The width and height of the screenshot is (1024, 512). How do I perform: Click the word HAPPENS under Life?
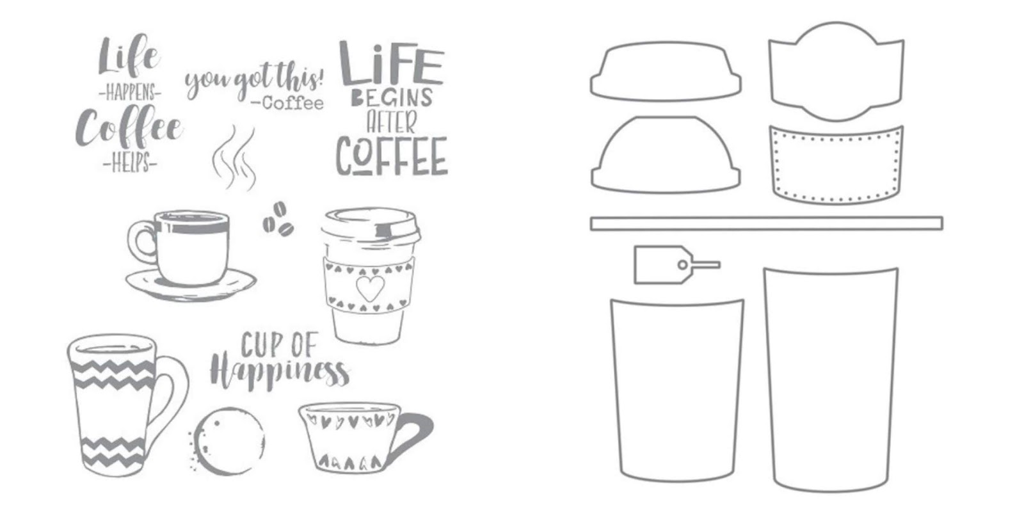click(131, 93)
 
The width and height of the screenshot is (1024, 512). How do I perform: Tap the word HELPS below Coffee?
click(131, 163)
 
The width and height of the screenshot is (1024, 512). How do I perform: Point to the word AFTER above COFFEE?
click(392, 122)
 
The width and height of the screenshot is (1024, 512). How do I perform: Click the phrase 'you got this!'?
click(254, 81)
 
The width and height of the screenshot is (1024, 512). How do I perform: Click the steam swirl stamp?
click(234, 157)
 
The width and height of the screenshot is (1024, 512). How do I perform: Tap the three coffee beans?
click(278, 220)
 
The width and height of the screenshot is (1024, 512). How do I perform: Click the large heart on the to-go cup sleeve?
click(371, 288)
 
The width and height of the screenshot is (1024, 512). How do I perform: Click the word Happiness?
click(280, 374)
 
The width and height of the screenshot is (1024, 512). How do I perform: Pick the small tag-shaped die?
click(676, 265)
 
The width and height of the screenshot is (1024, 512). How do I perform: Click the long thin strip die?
click(767, 223)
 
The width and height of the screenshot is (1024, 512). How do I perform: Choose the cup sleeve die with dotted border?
click(836, 164)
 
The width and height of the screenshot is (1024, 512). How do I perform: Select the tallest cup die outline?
click(831, 380)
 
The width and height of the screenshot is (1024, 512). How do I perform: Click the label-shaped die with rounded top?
click(836, 71)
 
